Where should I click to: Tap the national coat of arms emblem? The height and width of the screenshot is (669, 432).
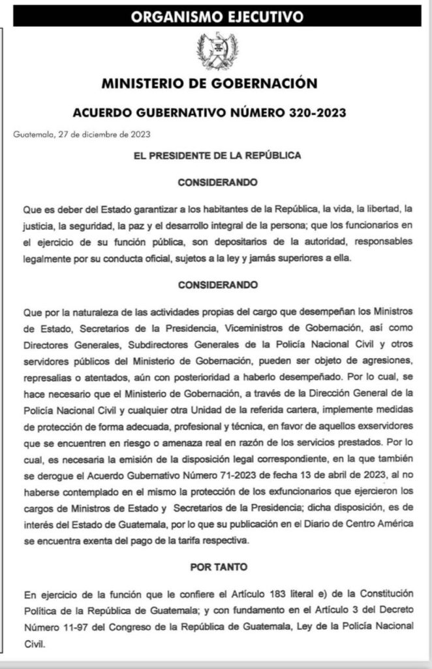[217, 52]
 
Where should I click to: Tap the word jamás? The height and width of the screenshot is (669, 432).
[313, 259]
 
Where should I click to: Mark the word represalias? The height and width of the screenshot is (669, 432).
[49, 378]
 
